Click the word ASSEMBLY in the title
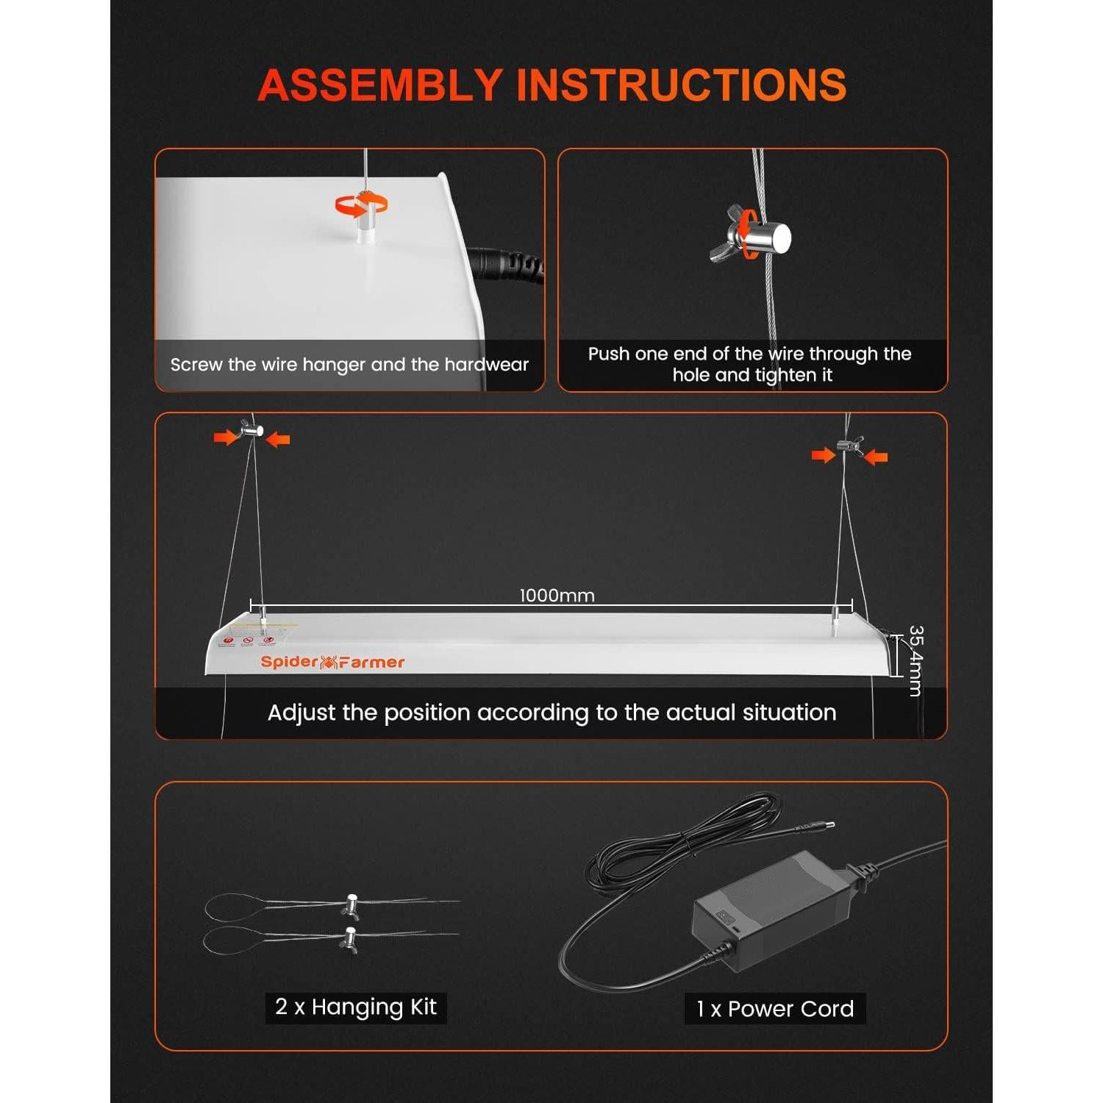379,85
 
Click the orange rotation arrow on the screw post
362,205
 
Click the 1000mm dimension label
557,596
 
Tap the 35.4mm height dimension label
915,660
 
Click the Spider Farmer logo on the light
332,662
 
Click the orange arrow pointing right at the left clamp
226,438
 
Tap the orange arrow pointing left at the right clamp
877,457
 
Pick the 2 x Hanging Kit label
356,1007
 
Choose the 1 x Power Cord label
775,1009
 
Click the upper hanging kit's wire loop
233,907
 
